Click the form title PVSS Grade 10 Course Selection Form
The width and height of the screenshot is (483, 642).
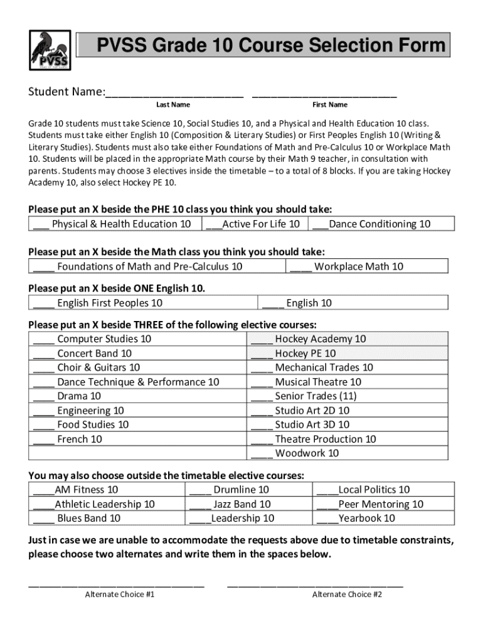click(270, 46)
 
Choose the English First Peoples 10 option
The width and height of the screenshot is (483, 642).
click(98, 303)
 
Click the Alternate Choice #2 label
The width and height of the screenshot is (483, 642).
click(347, 594)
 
